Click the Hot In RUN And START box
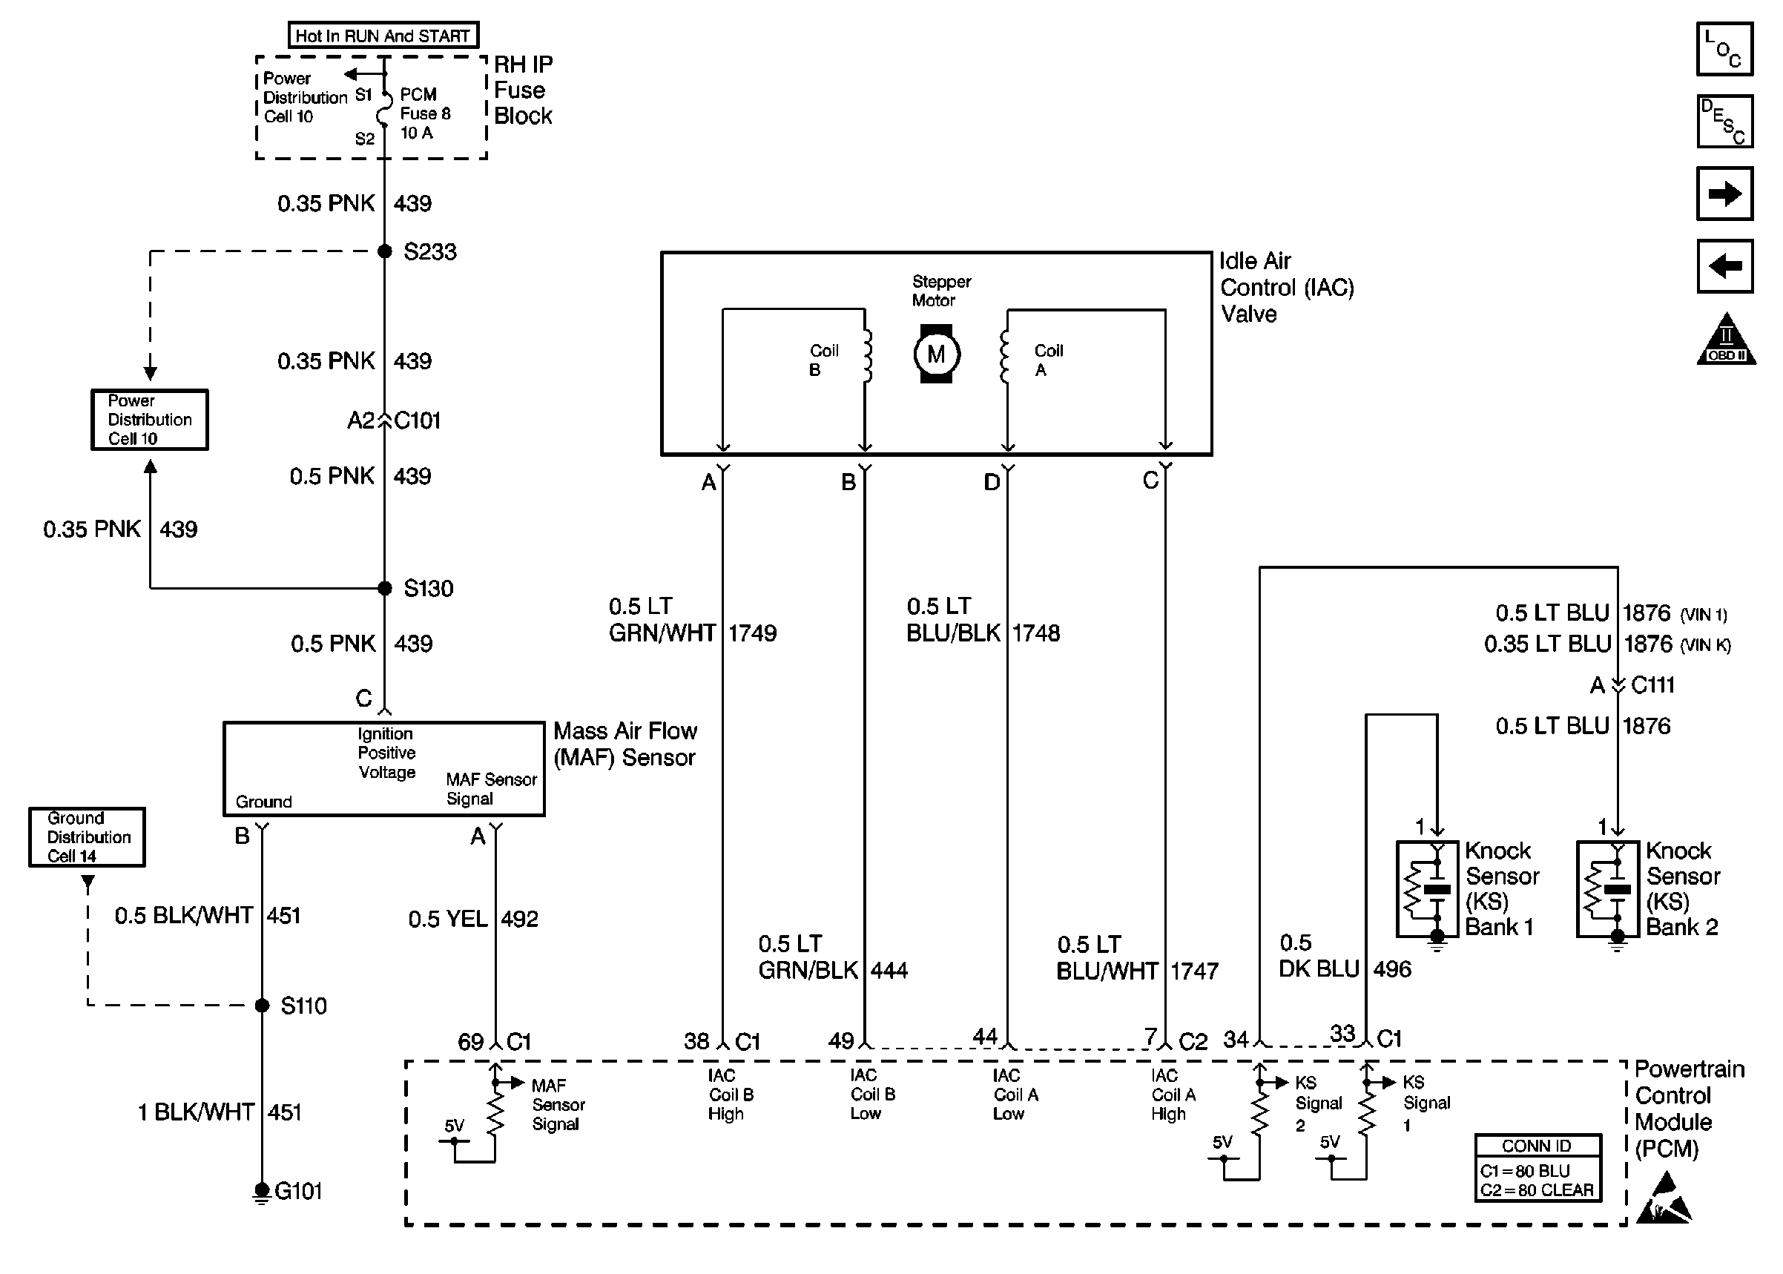pos(383,36)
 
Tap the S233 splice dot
pos(384,251)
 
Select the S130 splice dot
pos(384,587)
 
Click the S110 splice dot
pos(262,1005)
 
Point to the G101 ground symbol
pos(262,1192)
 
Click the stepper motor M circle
pos(936,354)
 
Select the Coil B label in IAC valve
pos(823,360)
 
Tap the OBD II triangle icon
pos(1726,340)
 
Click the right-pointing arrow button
pos(1724,193)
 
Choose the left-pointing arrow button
pos(1724,266)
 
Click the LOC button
pos(1724,49)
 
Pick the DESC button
pos(1724,121)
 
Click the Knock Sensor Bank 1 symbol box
pos(1428,889)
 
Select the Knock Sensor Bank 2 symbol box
pos(1608,889)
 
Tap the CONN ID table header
pos(1537,1146)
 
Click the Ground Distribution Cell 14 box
pos(87,837)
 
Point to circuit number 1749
pos(752,633)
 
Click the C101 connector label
pos(418,421)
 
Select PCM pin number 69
pos(470,1042)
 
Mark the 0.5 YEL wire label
pos(448,919)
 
